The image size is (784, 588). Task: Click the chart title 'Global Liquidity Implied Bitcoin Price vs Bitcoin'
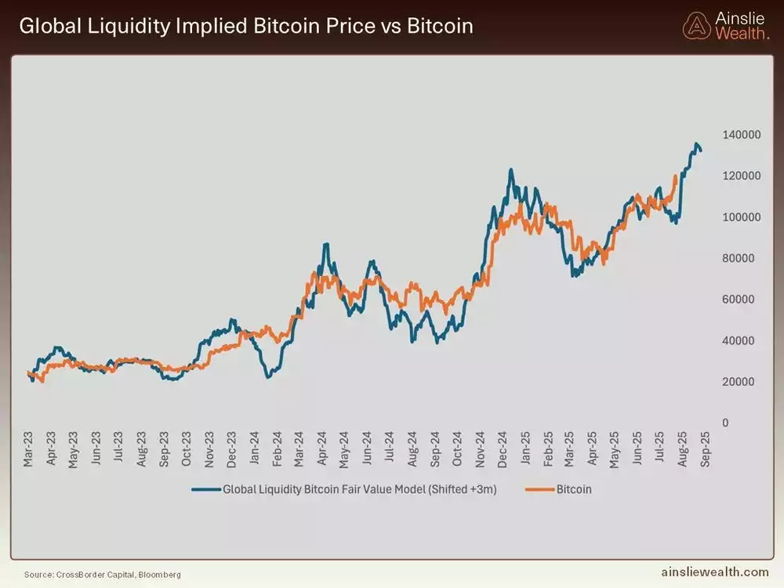coord(245,26)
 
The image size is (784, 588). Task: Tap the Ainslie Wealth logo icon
coord(695,26)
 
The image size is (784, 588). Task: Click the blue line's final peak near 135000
coord(696,144)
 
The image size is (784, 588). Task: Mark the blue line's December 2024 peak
coord(510,169)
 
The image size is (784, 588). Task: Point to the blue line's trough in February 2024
coord(268,376)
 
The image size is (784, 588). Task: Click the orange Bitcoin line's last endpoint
coord(676,176)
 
